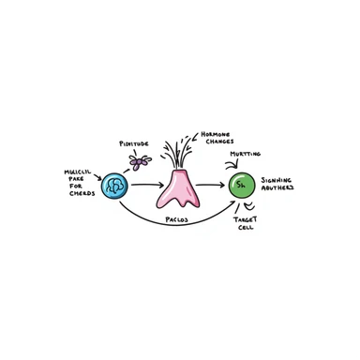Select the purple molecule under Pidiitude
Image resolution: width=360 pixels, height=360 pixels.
(139, 162)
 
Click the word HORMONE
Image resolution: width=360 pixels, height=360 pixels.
(217, 134)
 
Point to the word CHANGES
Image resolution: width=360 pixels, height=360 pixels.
(217, 142)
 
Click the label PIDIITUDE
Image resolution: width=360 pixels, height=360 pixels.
(133, 144)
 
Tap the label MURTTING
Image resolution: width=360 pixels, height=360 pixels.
(246, 154)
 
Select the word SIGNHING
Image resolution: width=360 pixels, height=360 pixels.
(277, 179)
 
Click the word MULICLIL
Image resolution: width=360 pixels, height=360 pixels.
(77, 172)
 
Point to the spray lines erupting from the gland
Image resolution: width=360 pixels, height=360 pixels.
(176, 150)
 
